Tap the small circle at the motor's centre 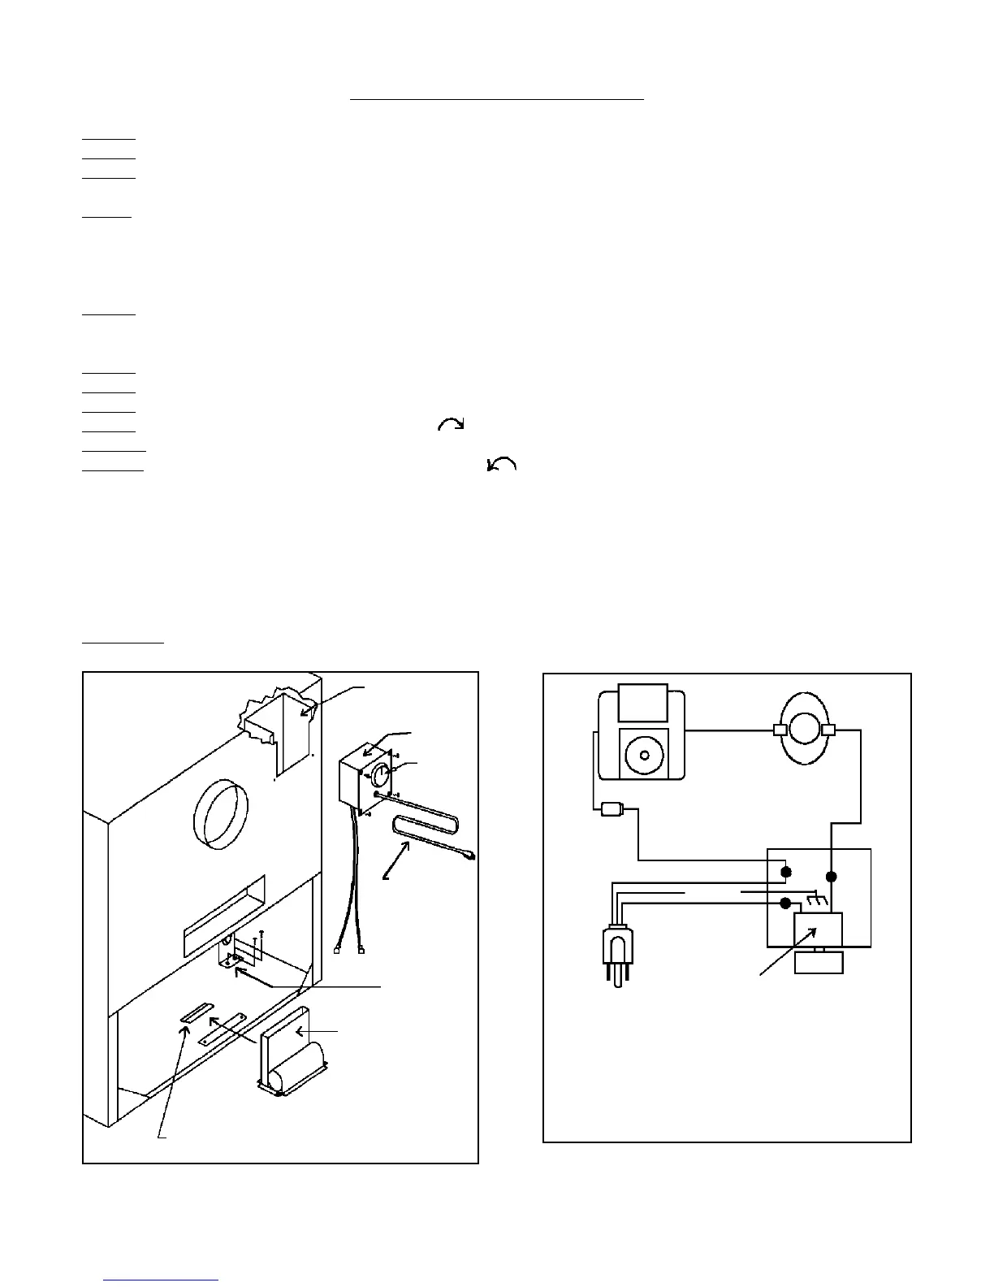point(643,755)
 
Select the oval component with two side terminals point(805,729)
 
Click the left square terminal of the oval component point(780,730)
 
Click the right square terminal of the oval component point(829,730)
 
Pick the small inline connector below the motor point(612,809)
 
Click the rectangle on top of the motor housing point(643,703)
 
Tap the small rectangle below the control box point(819,962)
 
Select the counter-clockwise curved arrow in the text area point(501,464)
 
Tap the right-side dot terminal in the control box point(831,877)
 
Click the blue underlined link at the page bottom point(162,1280)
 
